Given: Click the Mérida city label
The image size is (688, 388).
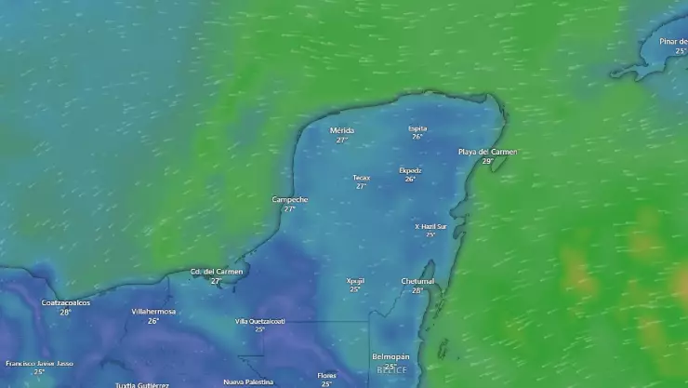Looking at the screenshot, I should coord(341,130).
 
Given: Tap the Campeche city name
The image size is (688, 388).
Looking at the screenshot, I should coord(289,199).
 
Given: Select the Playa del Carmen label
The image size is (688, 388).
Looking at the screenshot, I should coord(487,152).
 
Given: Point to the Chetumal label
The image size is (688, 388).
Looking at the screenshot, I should coord(417,281).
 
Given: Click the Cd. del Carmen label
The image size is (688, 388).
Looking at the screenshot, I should coord(216,272).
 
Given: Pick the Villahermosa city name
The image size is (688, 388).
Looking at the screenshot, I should coord(153,311).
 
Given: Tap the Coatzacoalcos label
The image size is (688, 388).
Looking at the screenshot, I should coord(66,302).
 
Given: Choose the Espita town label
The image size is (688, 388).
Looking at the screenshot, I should coord(417,128).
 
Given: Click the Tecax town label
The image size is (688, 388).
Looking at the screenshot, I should coord(361,178).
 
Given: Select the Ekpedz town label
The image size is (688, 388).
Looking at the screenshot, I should coord(410,170).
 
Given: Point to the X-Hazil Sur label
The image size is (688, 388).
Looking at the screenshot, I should coord(430,226).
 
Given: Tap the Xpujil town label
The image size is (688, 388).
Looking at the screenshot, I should coord(355,280).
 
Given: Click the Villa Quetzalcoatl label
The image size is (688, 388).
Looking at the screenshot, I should coord(259,321).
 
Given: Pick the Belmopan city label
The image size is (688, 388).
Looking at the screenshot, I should coord(390,356).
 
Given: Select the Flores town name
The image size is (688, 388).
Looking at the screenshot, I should coord(326,375).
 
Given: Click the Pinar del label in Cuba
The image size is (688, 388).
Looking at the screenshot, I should coord(672,41).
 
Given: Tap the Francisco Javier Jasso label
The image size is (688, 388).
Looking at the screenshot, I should coord(39,363).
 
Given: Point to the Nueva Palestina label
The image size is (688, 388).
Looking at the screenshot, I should coord(248,381).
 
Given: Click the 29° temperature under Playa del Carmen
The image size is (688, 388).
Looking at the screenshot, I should coord(487,161).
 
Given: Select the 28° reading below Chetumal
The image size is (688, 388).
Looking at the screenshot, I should coord(417,290).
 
